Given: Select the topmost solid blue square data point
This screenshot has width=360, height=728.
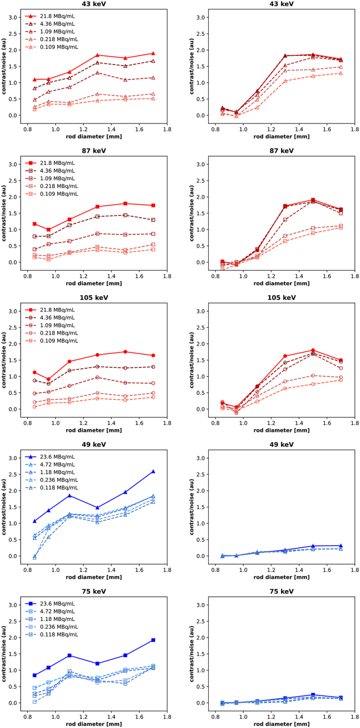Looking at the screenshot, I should click(x=153, y=640).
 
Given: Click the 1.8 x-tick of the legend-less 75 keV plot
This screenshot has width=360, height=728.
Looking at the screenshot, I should click(x=355, y=715).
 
